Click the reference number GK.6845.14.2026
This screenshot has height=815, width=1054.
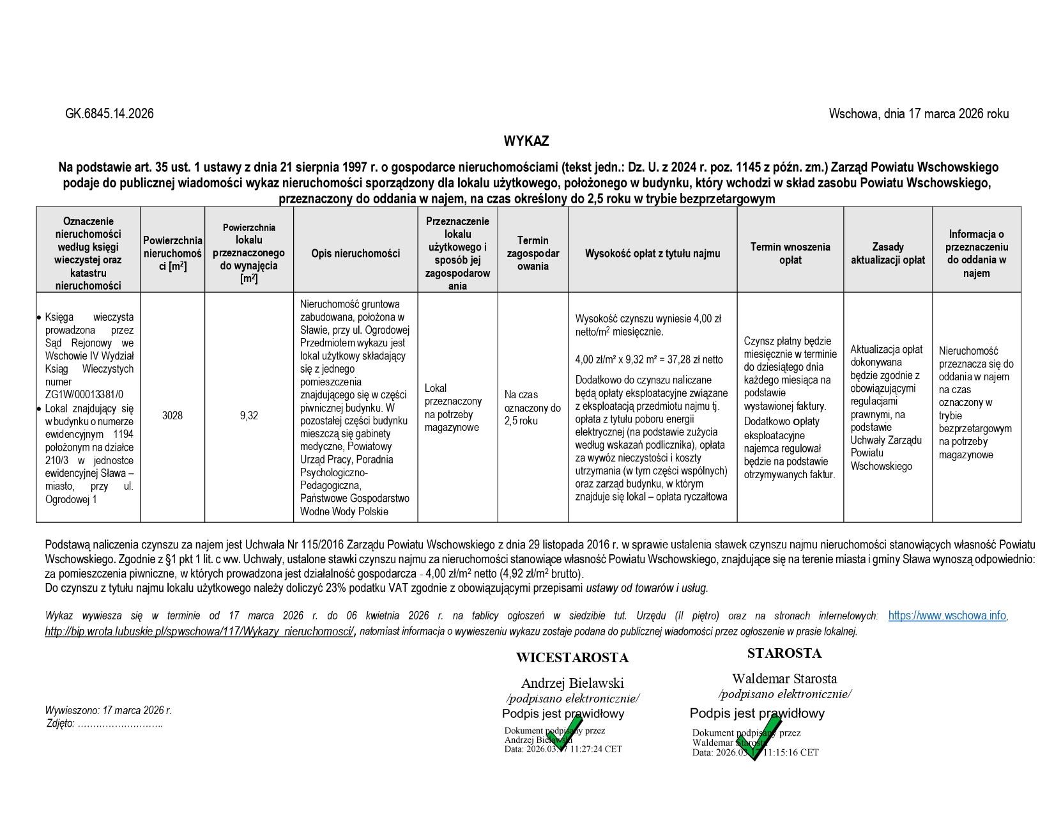click(109, 114)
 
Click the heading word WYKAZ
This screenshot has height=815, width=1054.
click(526, 141)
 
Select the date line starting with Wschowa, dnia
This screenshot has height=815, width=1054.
click(919, 114)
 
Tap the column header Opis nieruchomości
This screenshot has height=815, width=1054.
click(356, 254)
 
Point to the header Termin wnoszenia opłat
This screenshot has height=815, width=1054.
click(790, 254)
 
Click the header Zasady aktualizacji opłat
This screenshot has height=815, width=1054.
click(887, 254)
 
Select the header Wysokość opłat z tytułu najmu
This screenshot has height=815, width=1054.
click(652, 254)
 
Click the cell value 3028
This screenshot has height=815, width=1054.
click(172, 415)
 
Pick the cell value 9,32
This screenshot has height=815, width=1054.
click(249, 415)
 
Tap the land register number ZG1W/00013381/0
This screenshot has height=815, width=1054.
click(84, 395)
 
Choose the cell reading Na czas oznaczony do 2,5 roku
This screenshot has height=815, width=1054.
click(532, 408)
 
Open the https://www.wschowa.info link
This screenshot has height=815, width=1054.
click(947, 616)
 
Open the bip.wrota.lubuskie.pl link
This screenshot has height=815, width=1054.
click(200, 632)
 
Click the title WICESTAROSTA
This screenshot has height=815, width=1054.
click(572, 658)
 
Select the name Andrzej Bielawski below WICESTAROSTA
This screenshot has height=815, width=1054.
click(572, 683)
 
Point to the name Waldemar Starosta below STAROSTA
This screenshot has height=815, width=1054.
click(784, 679)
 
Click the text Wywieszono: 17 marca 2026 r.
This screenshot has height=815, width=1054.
click(108, 710)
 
